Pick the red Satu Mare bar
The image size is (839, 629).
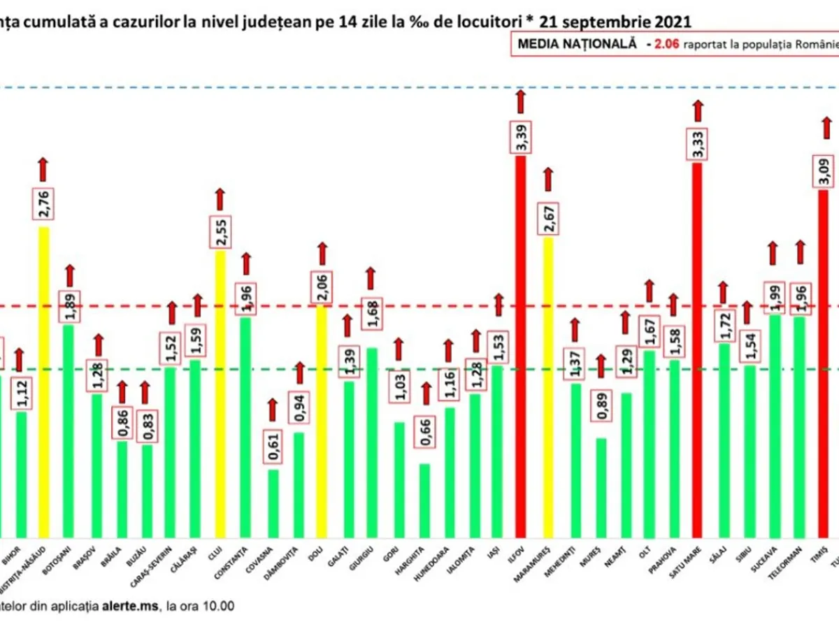point(697,349)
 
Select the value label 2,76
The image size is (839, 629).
point(43,205)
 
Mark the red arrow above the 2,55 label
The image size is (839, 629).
point(220,200)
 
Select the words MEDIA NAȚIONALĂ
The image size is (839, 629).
point(577,43)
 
